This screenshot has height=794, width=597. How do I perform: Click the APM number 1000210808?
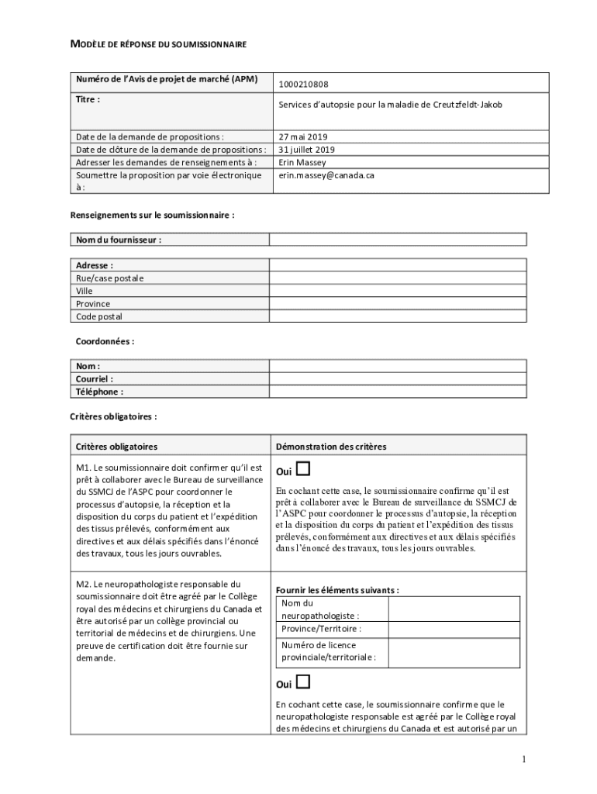pos(303,85)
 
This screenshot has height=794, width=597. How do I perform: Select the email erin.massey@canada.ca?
pos(326,175)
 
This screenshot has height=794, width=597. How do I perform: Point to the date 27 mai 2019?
pos(303,136)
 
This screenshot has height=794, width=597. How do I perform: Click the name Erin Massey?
pos(302,163)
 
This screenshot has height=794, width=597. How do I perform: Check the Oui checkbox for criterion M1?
pos(303,468)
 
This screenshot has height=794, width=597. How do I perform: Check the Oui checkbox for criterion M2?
pos(303,682)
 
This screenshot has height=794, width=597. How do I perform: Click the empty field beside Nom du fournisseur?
pos(398,240)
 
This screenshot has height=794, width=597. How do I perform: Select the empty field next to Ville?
pos(398,291)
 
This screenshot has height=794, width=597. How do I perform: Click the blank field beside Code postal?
pos(398,316)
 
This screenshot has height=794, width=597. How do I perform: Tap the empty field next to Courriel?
pos(398,379)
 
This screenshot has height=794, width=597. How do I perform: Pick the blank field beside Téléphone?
pos(398,392)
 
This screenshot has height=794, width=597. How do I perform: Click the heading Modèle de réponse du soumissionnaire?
pos(158,45)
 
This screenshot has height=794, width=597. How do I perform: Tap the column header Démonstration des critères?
pos(331,447)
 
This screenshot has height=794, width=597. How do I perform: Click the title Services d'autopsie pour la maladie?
pos(390,104)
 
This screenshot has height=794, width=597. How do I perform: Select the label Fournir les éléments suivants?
pos(337,589)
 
